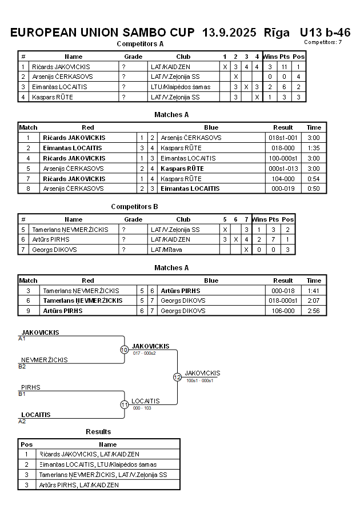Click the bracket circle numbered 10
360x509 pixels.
(124, 350)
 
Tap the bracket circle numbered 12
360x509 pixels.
(177, 377)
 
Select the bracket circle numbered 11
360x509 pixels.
(124, 404)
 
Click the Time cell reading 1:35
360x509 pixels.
(314, 148)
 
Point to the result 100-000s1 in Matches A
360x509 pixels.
(283, 158)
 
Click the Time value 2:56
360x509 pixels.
(314, 311)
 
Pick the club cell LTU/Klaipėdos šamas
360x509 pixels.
(181, 87)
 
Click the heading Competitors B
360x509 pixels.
(134, 207)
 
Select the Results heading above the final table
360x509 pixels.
(98, 431)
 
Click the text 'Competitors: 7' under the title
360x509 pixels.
(323, 42)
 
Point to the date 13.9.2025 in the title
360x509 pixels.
(230, 32)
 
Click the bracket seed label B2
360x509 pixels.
(22, 366)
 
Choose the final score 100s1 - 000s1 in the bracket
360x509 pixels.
(199, 380)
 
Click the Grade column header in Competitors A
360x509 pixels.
(133, 57)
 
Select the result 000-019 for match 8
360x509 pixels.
(283, 188)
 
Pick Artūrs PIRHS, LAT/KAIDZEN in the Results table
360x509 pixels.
(80, 485)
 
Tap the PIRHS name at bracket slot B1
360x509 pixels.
(31, 387)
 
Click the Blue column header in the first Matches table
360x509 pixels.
(211, 127)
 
